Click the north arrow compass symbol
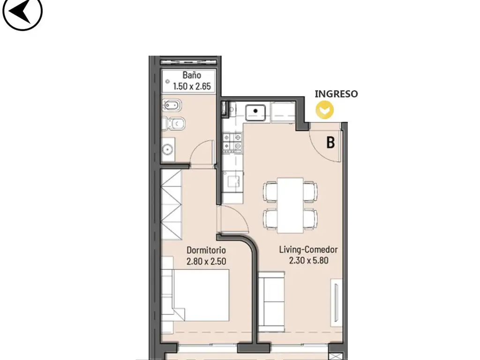[22, 12]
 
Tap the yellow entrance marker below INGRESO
[325, 110]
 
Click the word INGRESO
[336, 94]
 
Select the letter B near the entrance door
[330, 142]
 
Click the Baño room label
[192, 75]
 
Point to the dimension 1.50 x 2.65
[192, 86]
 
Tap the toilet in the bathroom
[173, 124]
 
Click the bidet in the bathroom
[172, 105]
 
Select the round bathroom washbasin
[167, 150]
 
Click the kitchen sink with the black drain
[255, 112]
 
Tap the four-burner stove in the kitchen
[232, 142]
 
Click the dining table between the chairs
[290, 205]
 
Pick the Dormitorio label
[206, 250]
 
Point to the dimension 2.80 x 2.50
[206, 262]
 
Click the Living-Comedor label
[308, 249]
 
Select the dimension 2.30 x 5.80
[308, 261]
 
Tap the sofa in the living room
[271, 302]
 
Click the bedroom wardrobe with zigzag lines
[172, 204]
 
